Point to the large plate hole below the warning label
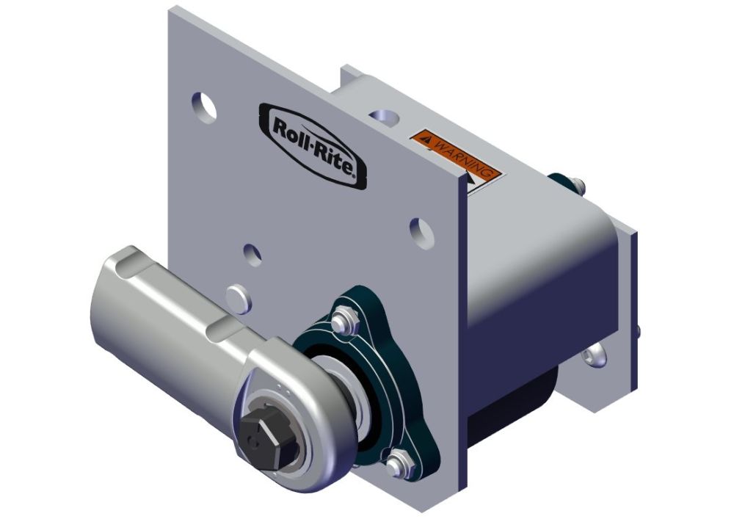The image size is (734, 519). (x=421, y=228)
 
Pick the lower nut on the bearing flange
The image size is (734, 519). (x=397, y=463)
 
